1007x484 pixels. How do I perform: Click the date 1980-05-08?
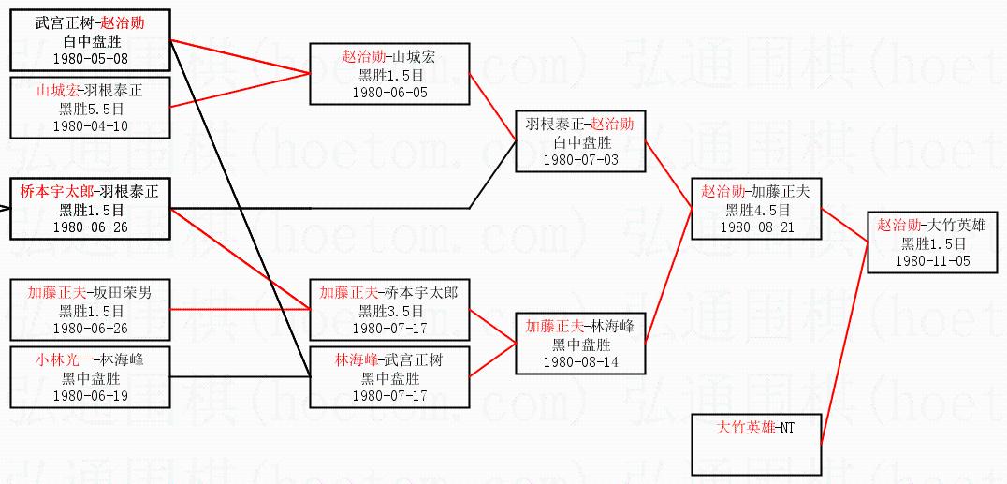coord(90,59)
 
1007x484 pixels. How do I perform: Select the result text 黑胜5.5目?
coord(90,109)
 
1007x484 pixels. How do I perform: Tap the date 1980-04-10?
coord(90,125)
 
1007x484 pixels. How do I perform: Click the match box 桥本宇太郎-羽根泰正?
coord(90,209)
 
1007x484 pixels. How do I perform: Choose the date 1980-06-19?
coord(90,395)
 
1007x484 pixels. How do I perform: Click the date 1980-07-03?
coord(580,160)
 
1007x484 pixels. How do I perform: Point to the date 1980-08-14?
coord(580,361)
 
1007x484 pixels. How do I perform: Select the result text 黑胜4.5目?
coord(756,210)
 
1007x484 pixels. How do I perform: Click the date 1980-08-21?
coord(756,227)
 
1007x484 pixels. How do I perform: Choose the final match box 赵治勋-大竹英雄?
coord(931,242)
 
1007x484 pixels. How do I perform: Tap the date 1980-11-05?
coord(931,260)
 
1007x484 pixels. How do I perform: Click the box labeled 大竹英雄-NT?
coord(756,444)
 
